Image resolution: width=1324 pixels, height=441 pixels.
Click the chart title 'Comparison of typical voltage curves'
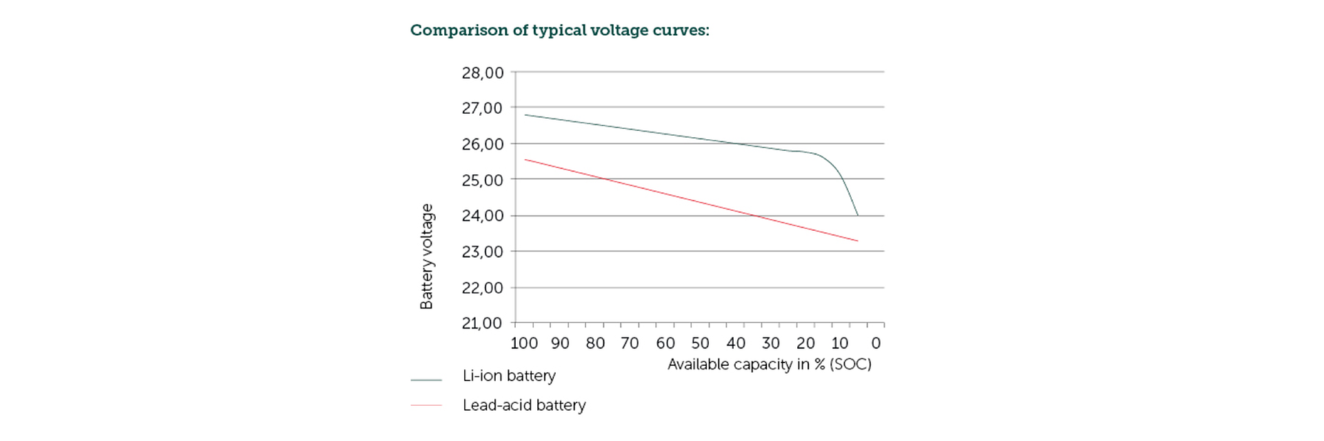tap(559, 30)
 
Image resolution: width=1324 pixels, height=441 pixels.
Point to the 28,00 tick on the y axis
tap(483, 73)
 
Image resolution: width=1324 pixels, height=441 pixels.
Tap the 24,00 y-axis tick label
tap(483, 216)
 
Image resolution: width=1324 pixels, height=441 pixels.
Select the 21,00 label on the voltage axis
tap(483, 323)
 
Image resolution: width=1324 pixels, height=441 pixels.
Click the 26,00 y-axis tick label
tap(483, 145)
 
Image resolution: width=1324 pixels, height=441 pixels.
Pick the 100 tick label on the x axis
tap(524, 343)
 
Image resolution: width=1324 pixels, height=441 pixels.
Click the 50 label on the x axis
tap(700, 343)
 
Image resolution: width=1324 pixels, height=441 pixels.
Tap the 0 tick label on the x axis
tap(876, 343)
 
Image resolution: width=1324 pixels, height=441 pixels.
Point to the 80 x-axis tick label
tap(595, 343)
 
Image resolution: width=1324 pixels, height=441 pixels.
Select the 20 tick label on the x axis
tap(805, 343)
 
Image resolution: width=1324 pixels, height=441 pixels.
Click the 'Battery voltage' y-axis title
tap(427, 256)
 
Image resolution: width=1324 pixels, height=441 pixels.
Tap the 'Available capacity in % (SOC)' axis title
tap(769, 365)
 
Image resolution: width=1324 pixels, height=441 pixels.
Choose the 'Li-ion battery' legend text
tap(509, 376)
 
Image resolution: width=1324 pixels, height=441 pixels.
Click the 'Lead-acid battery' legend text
tap(524, 405)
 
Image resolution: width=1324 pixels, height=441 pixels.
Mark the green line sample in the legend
tap(426, 380)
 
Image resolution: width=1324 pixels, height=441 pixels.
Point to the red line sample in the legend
tap(426, 405)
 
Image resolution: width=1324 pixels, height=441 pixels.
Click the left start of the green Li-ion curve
tap(525, 115)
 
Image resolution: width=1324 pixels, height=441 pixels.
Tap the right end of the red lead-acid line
tap(857, 240)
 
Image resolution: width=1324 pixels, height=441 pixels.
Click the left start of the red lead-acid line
tap(525, 160)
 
